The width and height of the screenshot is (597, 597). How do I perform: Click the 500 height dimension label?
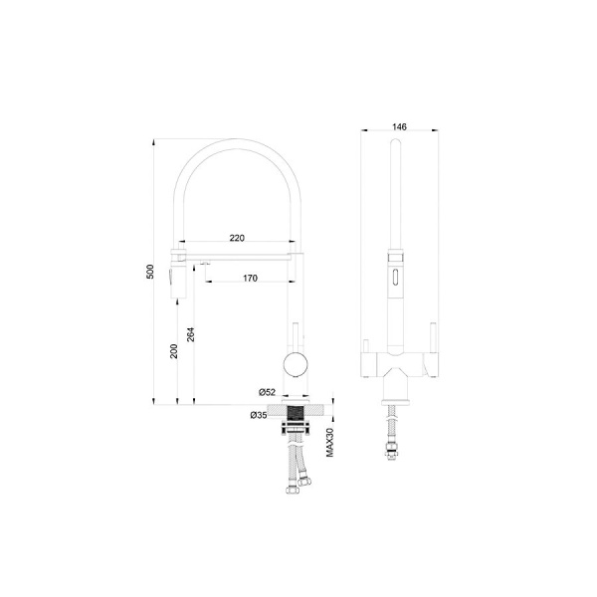(150, 272)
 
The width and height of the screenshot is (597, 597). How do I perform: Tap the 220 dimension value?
(237, 238)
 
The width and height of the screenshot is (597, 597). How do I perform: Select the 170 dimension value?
(250, 279)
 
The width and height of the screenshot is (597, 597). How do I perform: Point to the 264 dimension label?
(191, 334)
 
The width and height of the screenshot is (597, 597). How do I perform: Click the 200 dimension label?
(173, 351)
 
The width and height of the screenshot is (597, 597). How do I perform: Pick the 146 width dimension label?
(399, 126)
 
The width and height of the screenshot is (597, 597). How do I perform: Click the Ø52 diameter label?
(267, 392)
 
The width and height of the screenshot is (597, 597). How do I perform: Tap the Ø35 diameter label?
(259, 415)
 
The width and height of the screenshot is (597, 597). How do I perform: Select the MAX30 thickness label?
(329, 442)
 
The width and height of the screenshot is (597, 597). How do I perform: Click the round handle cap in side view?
(296, 365)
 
